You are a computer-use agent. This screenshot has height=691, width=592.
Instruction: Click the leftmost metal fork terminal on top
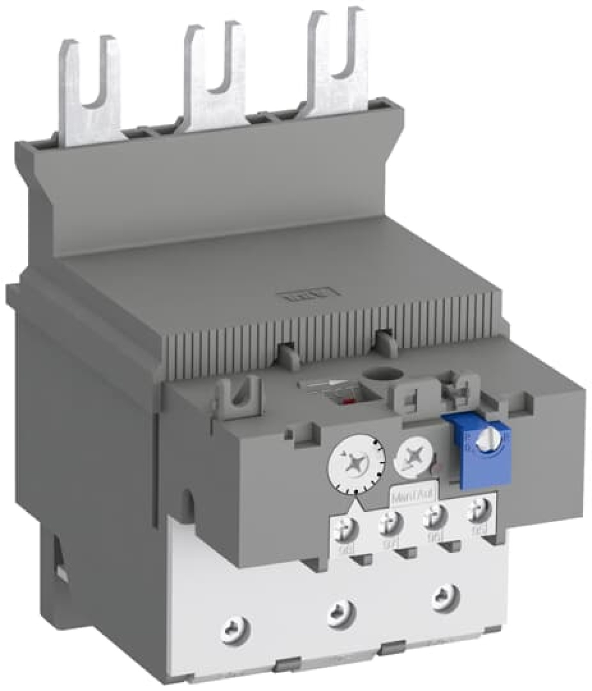pos(89,89)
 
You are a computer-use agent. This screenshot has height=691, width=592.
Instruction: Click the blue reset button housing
pos(476,447)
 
